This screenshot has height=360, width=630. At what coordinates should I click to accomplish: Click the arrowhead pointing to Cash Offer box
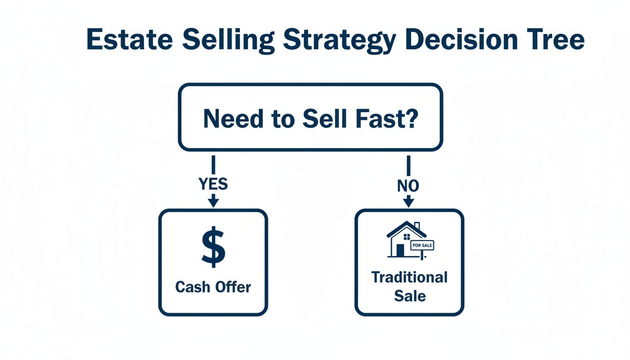[x=213, y=202]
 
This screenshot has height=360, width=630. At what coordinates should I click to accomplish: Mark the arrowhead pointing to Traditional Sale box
[x=408, y=202]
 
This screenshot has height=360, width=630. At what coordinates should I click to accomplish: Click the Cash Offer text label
[x=213, y=287]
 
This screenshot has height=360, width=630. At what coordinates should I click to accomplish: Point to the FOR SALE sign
[x=422, y=245]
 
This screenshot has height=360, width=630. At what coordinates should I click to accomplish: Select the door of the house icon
[x=400, y=250]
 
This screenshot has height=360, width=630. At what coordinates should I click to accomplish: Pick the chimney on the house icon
[x=417, y=226]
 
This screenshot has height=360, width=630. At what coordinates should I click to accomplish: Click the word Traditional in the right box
[x=409, y=277]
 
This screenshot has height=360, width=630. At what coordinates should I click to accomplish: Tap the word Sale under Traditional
[x=410, y=296]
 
